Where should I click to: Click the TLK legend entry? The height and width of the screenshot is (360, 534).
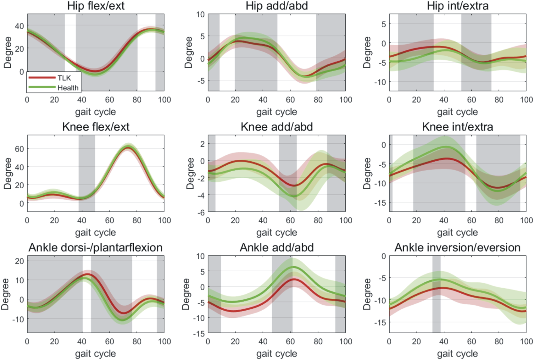(x=64, y=78)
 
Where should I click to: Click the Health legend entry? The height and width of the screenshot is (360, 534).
(x=68, y=88)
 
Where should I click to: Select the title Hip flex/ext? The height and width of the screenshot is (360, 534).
(x=96, y=6)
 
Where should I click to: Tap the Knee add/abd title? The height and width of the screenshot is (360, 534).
(x=276, y=127)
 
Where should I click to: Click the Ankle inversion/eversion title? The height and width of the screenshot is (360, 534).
(x=457, y=247)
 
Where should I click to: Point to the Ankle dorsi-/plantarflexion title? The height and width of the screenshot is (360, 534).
(x=96, y=247)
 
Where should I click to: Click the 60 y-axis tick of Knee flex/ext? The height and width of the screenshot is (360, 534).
(x=19, y=149)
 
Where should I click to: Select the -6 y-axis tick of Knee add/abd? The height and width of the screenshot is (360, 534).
(x=200, y=213)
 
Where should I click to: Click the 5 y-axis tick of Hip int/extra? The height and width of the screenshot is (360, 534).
(x=383, y=24)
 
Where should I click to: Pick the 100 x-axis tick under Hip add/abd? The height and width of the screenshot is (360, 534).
(x=345, y=100)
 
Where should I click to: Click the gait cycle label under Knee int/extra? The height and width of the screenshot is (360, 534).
(x=457, y=233)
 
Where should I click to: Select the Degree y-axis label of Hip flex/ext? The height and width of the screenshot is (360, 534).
(x=8, y=53)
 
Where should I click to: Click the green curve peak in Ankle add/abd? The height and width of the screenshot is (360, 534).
(x=293, y=267)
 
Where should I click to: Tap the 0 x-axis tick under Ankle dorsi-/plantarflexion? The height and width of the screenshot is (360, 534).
(x=27, y=341)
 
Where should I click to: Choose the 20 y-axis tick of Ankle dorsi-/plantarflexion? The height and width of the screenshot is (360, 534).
(x=19, y=261)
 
